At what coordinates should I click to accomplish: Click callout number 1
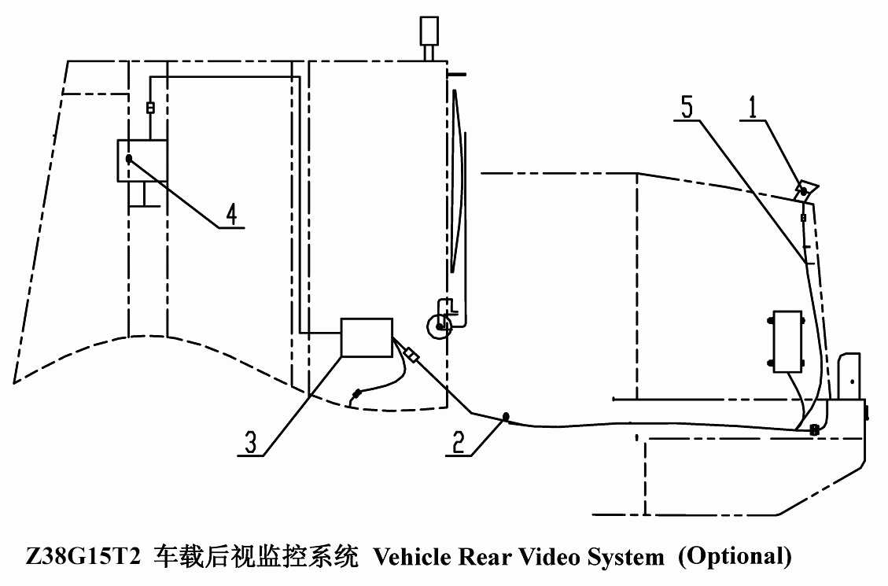[x=752, y=108]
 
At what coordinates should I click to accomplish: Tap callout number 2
[x=458, y=442]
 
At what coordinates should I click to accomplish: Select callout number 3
[x=250, y=442]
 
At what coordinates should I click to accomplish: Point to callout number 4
[x=231, y=214]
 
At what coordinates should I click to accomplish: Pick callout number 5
[x=687, y=107]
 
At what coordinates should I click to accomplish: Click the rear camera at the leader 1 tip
[x=806, y=190]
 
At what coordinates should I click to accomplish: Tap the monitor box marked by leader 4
[x=142, y=160]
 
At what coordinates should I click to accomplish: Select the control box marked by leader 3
[x=367, y=337]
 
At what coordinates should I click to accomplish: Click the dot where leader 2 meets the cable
[x=505, y=417]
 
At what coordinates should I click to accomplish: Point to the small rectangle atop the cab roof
[x=429, y=31]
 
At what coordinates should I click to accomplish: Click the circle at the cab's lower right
[x=440, y=326]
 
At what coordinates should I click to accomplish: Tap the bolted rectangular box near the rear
[x=787, y=341]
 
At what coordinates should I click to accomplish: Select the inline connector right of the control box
[x=411, y=356]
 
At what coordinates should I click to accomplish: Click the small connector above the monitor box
[x=150, y=107]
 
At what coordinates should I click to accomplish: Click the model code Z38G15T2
[x=83, y=557]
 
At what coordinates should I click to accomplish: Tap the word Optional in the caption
[x=735, y=557]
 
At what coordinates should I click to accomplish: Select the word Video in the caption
[x=549, y=557]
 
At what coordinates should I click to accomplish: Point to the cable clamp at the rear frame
[x=814, y=429]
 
